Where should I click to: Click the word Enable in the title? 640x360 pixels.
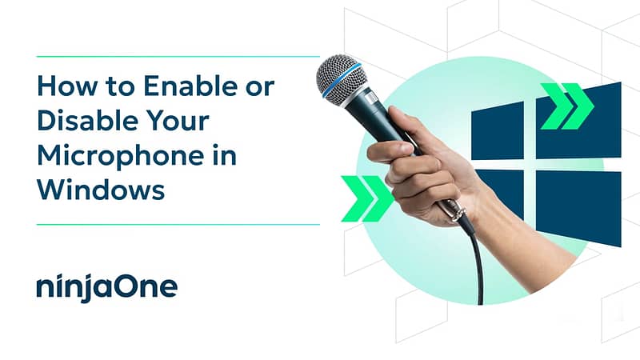(x=190, y=86)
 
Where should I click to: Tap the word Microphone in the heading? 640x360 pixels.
(x=121, y=157)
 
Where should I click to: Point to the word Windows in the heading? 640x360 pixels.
(x=102, y=190)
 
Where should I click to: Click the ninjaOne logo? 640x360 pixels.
(x=107, y=288)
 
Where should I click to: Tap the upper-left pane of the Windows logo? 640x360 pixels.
(x=498, y=131)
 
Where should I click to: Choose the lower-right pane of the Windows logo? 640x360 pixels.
(x=578, y=208)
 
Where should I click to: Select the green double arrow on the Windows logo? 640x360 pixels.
(x=567, y=106)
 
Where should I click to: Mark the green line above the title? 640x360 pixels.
(x=178, y=56)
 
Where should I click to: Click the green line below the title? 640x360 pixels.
(x=178, y=224)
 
